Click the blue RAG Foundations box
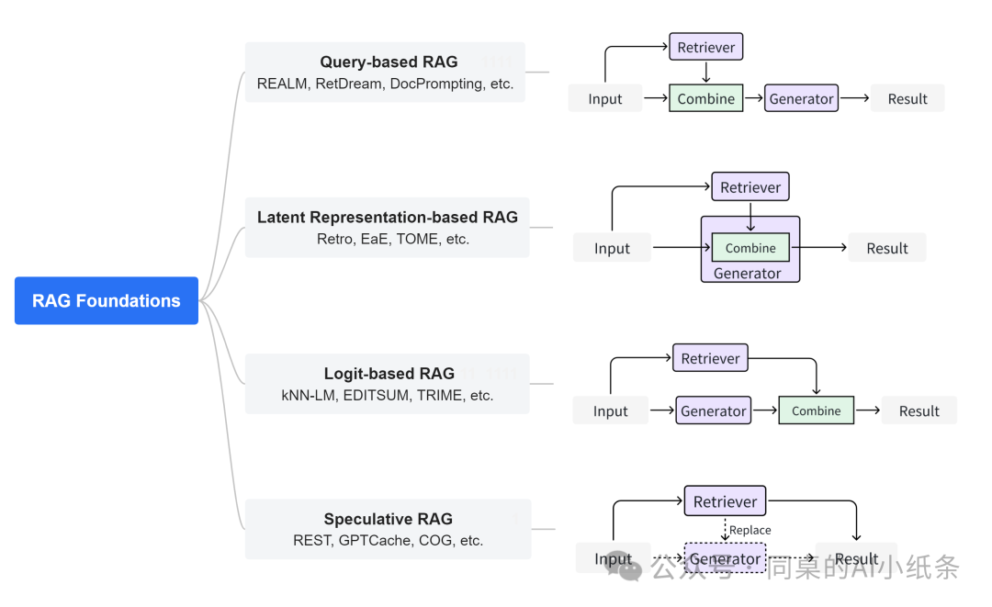coord(107,300)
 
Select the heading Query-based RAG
coord(389,62)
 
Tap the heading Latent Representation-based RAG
coord(388,217)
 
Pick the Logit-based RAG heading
coord(389,373)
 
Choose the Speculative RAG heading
coord(389,519)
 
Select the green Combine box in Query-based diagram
coord(706,98)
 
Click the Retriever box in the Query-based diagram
coord(706,47)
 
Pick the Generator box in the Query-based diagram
coord(802,98)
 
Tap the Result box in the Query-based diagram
coord(907,98)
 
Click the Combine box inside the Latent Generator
coord(750,248)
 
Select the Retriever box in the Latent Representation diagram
coord(750,187)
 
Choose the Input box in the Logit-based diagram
coord(611,411)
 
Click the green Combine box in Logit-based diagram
coord(817,410)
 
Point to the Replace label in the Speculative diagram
coord(750,530)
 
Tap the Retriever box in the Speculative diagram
coord(725,501)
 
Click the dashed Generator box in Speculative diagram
coord(725,558)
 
